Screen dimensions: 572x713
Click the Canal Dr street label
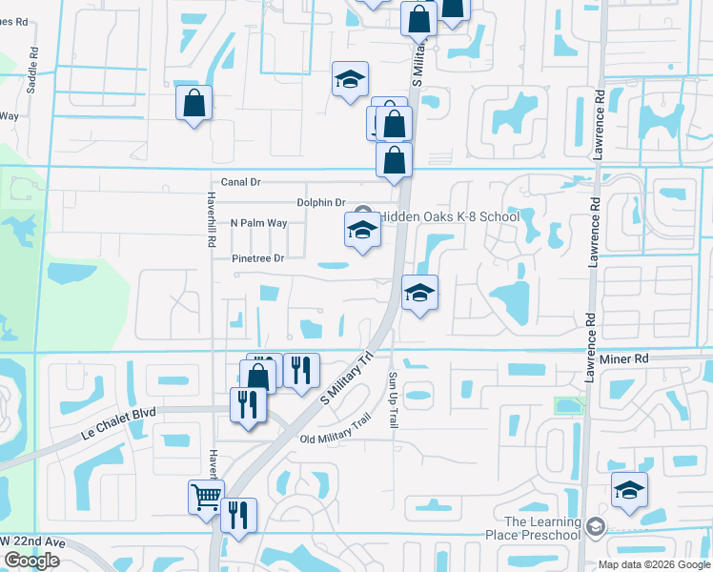click(x=240, y=181)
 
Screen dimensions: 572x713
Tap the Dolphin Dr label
click(x=320, y=202)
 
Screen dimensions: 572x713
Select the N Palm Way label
click(x=258, y=223)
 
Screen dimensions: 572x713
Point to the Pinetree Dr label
click(x=258, y=258)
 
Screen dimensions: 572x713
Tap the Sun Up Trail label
click(x=393, y=400)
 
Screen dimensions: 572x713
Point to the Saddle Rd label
click(x=32, y=70)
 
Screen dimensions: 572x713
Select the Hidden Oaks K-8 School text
click(x=450, y=216)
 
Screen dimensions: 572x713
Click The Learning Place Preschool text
click(x=541, y=528)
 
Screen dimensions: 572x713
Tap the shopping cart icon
click(x=206, y=496)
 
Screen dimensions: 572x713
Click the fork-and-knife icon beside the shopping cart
click(x=238, y=514)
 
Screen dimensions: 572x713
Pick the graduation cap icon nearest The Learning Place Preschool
click(x=629, y=490)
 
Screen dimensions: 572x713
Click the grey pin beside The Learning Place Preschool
click(x=596, y=526)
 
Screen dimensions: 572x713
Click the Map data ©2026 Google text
click(x=653, y=564)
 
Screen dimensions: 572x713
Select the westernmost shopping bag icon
click(x=194, y=103)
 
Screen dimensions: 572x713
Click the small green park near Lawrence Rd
click(x=568, y=405)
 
